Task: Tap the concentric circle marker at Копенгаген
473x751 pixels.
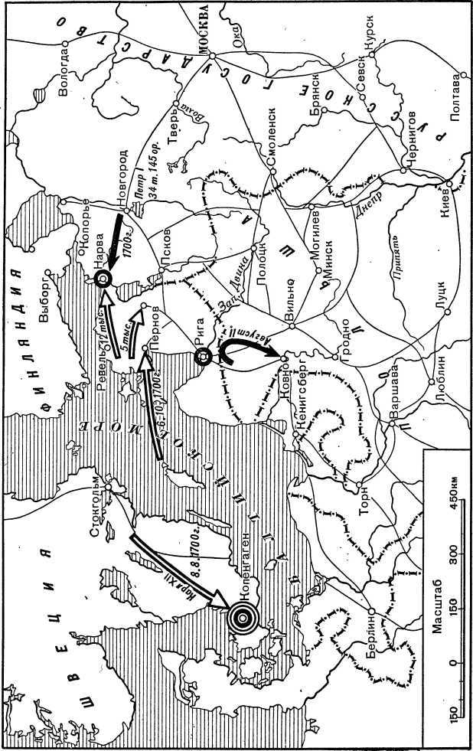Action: click(241, 615)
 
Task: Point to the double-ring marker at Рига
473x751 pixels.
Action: click(203, 356)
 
